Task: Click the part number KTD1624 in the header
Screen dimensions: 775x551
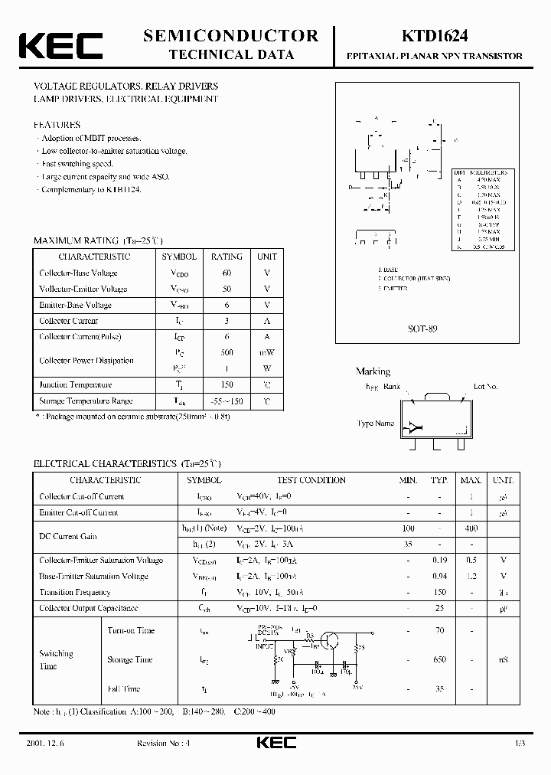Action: (x=433, y=35)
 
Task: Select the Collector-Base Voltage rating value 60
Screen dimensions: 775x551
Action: (x=227, y=273)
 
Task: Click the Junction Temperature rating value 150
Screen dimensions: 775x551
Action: (x=227, y=384)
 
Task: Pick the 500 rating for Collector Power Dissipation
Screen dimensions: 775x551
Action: (x=227, y=353)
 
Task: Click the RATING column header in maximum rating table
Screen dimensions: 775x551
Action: (x=227, y=257)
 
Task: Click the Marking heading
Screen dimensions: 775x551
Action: (x=373, y=371)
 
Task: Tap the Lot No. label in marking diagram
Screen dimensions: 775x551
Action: (x=485, y=387)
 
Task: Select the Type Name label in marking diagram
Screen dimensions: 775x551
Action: (x=375, y=423)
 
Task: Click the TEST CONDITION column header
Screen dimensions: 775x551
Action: (x=311, y=480)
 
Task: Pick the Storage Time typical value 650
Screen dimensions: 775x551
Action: (x=439, y=659)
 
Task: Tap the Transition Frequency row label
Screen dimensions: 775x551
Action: (x=75, y=592)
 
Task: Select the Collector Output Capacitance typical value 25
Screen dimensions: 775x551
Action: (x=439, y=608)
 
